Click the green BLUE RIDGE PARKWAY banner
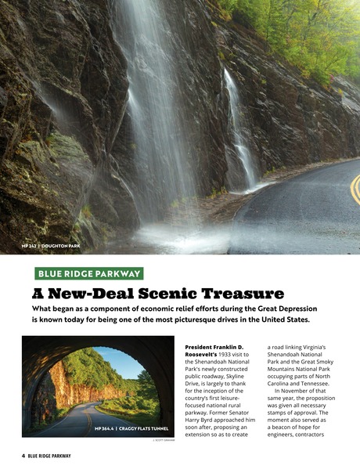coord(88,273)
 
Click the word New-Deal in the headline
coord(85,294)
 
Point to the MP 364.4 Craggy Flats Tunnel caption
coord(131,428)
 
